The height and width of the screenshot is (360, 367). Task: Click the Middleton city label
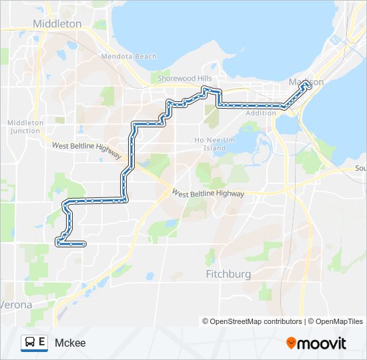(57, 24)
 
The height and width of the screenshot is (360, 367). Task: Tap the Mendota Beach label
(128, 57)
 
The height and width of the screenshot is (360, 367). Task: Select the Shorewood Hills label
(179, 78)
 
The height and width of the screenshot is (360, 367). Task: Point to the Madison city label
(306, 82)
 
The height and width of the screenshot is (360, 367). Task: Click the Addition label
(261, 113)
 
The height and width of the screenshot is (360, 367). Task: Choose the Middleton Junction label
(25, 127)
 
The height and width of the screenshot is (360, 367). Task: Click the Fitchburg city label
(228, 274)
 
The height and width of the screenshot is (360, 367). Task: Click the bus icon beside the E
(30, 343)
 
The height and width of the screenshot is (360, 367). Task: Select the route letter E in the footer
(42, 343)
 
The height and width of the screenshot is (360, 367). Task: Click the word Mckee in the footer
(70, 343)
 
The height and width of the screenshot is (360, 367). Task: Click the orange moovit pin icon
(291, 343)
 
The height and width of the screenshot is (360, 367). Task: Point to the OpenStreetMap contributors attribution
(252, 321)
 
